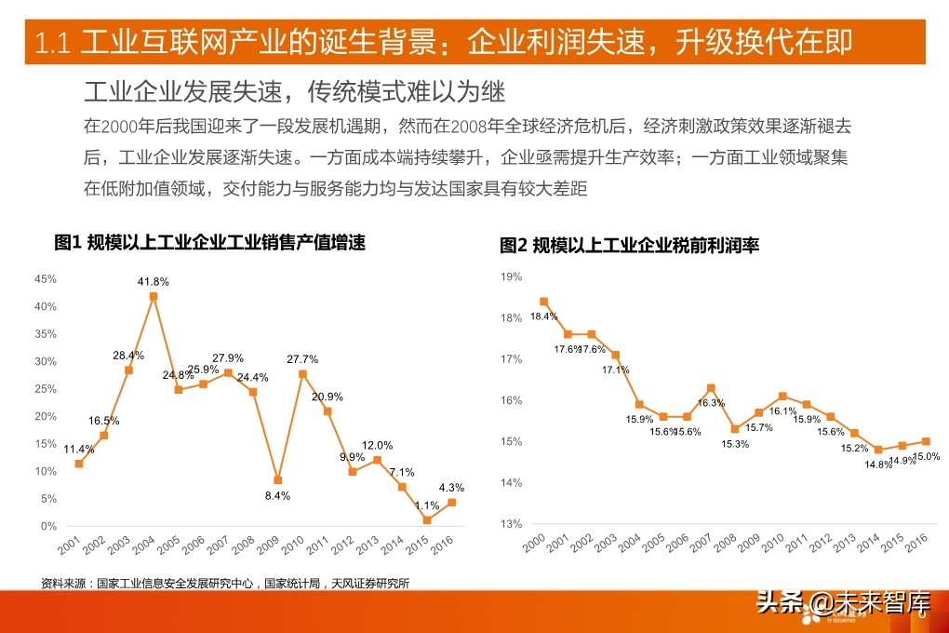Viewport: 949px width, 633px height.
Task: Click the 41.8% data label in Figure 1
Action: [153, 281]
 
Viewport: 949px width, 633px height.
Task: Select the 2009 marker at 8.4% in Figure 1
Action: [277, 480]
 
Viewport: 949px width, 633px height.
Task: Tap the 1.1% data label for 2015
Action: [426, 505]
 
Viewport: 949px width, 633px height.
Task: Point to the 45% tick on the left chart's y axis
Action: [46, 278]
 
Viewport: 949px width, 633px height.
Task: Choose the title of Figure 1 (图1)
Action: [209, 243]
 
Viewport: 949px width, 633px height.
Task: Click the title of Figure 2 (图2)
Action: [630, 246]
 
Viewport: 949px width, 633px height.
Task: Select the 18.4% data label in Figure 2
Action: [543, 316]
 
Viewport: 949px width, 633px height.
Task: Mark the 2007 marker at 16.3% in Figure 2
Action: [710, 388]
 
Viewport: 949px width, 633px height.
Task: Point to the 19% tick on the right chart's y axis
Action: [512, 276]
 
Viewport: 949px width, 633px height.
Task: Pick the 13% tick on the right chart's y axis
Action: [512, 524]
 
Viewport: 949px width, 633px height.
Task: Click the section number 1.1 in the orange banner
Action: [52, 43]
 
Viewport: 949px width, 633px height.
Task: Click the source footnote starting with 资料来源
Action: [225, 584]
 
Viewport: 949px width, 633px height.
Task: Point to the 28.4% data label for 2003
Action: [128, 355]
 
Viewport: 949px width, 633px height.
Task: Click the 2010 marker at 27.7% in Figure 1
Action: [302, 373]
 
